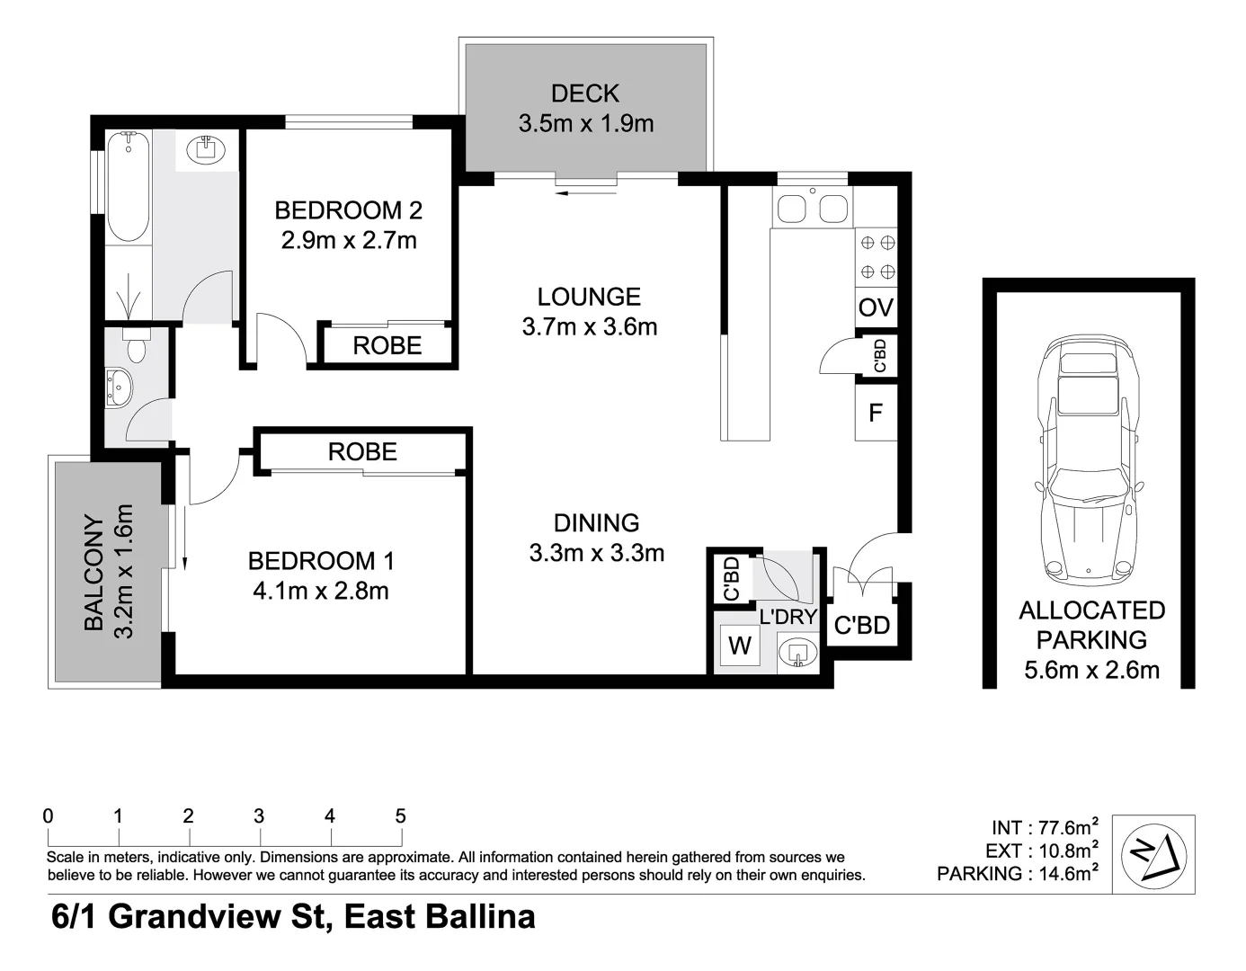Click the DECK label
point(585,94)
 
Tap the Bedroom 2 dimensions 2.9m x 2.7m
point(349,240)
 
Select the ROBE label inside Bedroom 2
point(387,345)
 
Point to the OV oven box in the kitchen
point(876,307)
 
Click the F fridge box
point(876,412)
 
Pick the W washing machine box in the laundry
point(740,646)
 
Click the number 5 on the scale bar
point(400,815)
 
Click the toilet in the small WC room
point(136,345)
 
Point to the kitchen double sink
point(813,208)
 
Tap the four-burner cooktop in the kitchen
point(877,257)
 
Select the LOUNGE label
point(589,297)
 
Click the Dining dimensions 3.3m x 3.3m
point(596,553)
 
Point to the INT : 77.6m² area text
point(1045,828)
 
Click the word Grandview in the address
point(195,916)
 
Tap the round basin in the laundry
point(797,653)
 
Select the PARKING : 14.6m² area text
point(1018,873)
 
